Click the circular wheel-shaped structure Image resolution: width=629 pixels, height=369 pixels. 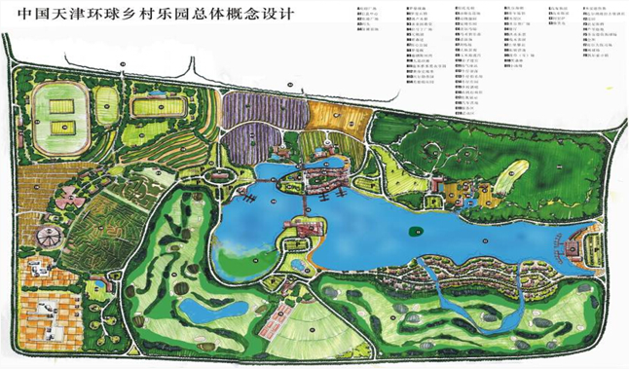pos(45,236)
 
